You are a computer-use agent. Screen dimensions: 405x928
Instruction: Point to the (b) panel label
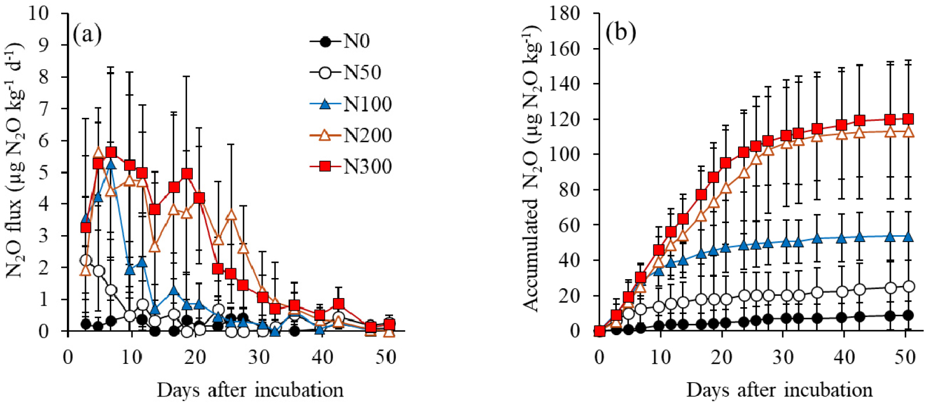click(621, 33)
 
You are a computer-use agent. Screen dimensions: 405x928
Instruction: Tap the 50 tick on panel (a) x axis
click(386, 358)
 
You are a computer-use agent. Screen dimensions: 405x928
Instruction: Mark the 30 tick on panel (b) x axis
click(783, 358)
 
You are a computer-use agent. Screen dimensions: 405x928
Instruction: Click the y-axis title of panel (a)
click(16, 160)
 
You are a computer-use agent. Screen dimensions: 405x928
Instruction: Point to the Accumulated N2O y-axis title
click(532, 169)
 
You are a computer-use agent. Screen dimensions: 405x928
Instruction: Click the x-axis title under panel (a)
click(250, 390)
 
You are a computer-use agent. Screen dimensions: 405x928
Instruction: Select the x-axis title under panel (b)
click(779, 390)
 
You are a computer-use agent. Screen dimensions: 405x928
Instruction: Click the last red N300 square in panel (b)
click(907, 119)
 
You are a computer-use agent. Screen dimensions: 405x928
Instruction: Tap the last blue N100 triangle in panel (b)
click(907, 236)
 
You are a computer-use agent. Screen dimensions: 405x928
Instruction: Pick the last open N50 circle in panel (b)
click(908, 286)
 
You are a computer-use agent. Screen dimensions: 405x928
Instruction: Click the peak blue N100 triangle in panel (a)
click(111, 165)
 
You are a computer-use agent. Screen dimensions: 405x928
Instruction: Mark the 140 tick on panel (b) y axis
click(564, 84)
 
